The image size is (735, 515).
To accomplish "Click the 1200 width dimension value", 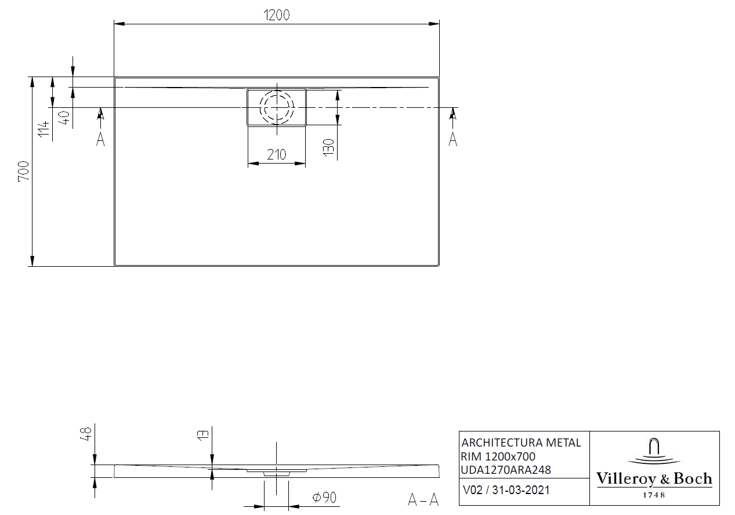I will pos(276,15).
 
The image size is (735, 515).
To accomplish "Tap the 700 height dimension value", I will pos(24,171).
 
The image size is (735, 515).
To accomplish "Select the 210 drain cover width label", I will pos(277,155).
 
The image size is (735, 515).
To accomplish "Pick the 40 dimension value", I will pos(64,118).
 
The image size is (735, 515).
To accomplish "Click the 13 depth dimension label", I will pos(203,436).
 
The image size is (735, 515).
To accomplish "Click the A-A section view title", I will pos(423,500).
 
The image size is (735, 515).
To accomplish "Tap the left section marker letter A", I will pos(100,139).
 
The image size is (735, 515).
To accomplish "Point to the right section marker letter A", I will pos(452,139).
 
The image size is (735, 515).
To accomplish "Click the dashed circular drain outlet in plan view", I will pos(277,107).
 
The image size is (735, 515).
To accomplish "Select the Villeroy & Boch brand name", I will pos(654,479).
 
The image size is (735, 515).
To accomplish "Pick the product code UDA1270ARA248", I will pos(506,470).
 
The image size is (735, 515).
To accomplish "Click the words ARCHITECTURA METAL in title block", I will pos(520,443).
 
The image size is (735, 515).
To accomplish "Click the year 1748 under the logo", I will pos(654,495).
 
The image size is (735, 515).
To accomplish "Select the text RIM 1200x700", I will pos(497,456).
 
